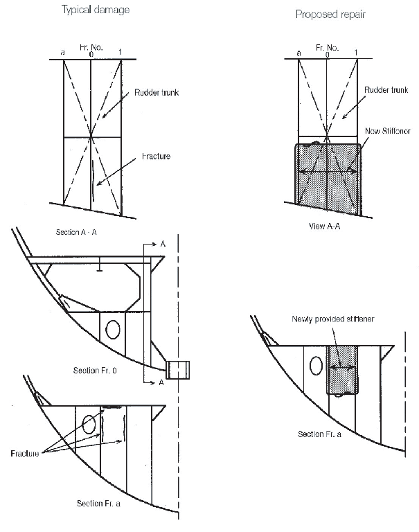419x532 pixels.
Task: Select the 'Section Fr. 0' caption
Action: coord(96,370)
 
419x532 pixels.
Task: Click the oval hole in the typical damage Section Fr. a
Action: coord(89,424)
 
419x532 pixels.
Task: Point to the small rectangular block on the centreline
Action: coord(179,369)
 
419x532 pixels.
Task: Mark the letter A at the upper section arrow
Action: coord(162,245)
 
